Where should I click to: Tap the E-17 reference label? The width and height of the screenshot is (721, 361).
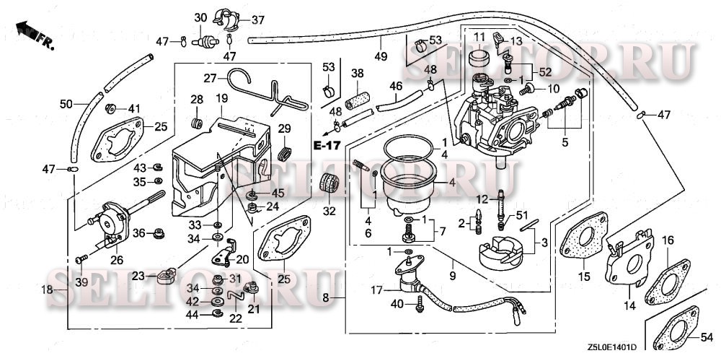point(326,145)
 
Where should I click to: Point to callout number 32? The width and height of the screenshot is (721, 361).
point(329,212)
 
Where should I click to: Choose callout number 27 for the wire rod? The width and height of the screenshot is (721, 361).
point(210,77)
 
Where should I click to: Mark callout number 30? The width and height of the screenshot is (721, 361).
point(200,17)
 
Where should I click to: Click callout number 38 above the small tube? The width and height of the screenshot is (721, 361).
point(357,74)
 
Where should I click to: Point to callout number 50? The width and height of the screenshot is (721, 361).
point(66,105)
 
